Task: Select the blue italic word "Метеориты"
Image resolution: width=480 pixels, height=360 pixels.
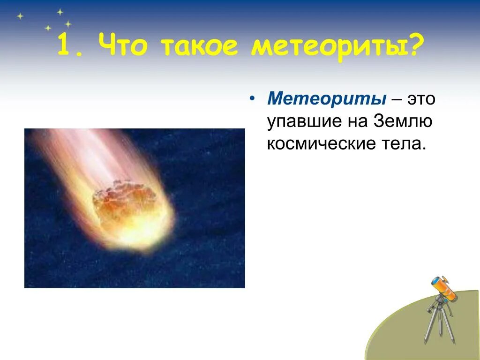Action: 326,98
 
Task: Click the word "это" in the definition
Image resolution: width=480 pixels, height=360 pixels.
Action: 421,99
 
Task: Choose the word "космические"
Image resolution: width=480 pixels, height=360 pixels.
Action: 321,143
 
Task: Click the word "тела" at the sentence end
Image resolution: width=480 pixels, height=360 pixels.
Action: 401,143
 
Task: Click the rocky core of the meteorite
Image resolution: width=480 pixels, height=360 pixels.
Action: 123,199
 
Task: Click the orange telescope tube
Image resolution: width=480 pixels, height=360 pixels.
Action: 444,288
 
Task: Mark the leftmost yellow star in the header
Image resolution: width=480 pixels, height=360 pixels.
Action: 20,16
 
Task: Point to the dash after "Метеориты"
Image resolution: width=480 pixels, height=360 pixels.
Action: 396,100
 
